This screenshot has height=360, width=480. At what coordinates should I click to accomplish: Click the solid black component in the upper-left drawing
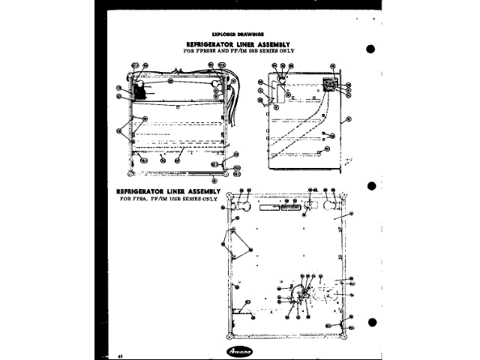pyautogui.click(x=140, y=91)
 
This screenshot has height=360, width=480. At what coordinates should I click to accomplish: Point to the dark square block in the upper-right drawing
pyautogui.click(x=328, y=84)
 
